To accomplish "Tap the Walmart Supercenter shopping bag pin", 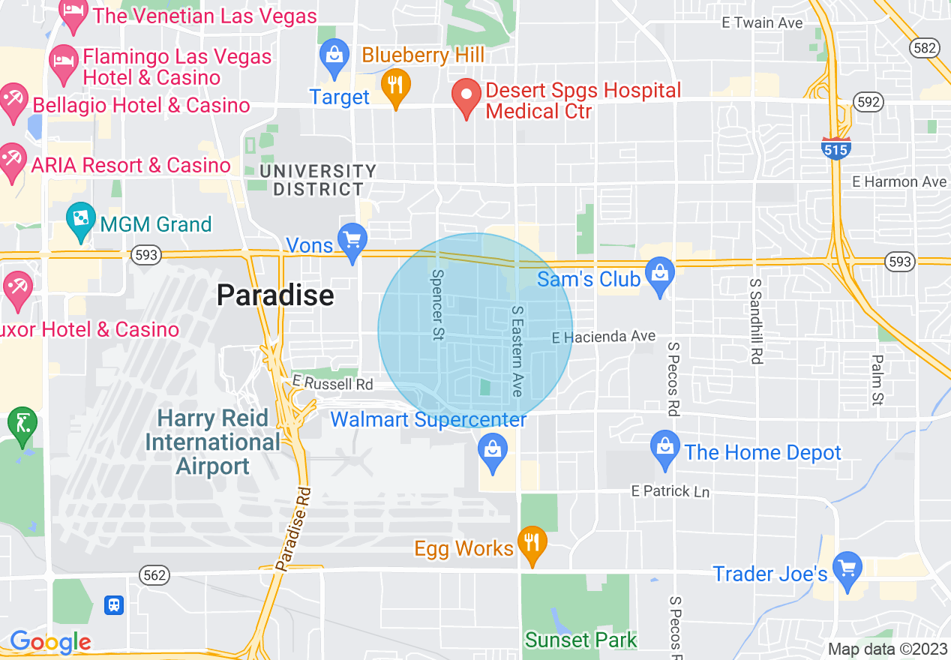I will (493, 451).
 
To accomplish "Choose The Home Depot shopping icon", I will (665, 448).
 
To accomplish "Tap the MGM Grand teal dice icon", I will (79, 220).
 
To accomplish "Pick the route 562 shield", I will (154, 575).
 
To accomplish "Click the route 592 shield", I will (868, 102).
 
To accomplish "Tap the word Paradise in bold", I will (275, 295).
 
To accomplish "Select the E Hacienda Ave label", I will (603, 337).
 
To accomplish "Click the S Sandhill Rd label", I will (756, 322).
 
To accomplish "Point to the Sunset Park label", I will (580, 640).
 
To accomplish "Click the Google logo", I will (50, 643).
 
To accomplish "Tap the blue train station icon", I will (114, 604).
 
